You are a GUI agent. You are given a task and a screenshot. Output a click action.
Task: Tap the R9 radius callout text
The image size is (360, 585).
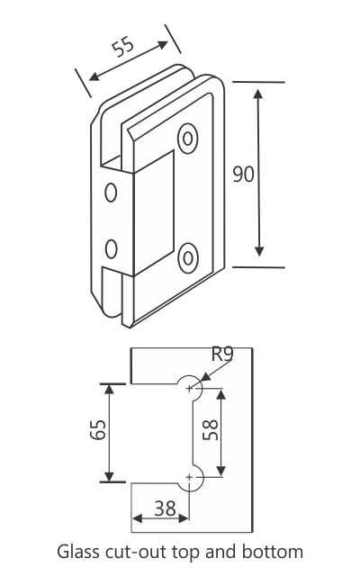(221, 354)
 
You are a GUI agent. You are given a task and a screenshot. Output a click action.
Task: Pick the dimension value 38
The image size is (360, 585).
(164, 508)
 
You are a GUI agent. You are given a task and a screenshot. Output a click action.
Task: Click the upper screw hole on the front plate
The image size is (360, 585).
(188, 138)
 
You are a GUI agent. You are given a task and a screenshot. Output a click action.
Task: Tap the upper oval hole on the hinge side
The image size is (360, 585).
(112, 193)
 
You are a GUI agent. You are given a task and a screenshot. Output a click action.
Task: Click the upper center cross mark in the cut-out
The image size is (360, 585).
(190, 388)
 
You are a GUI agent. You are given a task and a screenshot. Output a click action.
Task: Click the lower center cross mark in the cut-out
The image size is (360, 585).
(190, 475)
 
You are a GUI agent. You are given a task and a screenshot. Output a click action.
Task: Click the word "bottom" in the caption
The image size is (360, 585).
(275, 551)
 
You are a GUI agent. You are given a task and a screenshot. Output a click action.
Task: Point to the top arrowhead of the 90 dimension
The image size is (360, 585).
(259, 91)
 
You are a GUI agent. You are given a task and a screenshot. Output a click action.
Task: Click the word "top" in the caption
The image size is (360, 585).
(184, 552)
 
